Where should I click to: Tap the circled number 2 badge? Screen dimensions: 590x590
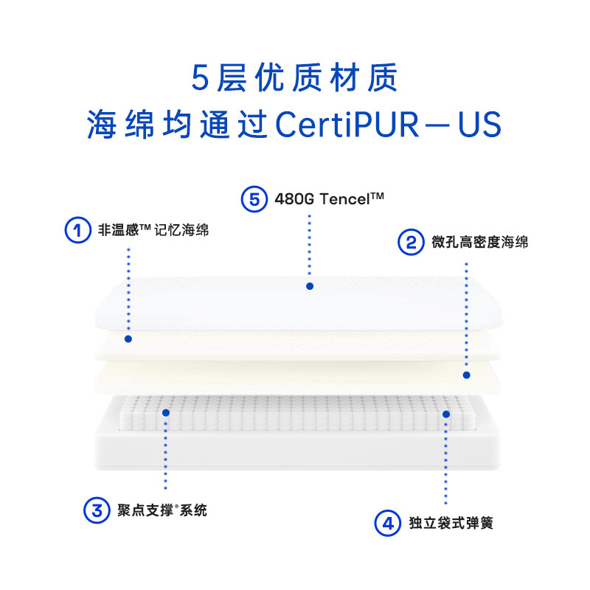[410, 242]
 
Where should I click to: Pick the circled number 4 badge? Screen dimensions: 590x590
[387, 523]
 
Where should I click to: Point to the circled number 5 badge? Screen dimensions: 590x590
[254, 198]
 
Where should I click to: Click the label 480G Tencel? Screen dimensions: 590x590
[330, 198]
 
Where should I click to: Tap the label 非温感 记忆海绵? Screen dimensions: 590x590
[153, 230]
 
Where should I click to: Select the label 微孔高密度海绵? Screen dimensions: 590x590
[479, 242]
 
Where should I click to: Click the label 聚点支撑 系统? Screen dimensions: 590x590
[162, 510]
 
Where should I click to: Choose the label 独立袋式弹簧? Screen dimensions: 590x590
[450, 523]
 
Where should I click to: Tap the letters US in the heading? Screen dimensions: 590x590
[479, 124]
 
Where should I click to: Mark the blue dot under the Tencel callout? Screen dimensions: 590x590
[310, 285]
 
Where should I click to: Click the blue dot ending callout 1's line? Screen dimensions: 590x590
[128, 339]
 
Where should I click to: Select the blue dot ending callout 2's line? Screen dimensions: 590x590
[466, 375]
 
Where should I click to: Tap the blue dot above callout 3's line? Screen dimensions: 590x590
[166, 413]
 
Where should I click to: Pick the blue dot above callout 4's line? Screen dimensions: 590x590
[445, 414]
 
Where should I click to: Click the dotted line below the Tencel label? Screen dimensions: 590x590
[310, 247]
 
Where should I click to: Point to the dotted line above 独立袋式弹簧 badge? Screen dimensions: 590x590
[445, 465]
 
